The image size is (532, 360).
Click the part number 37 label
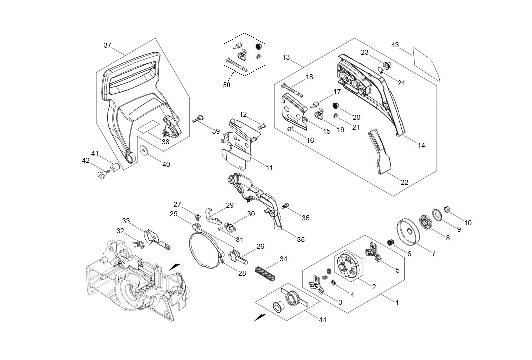coord(108,45)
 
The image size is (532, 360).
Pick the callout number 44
coord(322,319)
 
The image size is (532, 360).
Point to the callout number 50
coord(227,85)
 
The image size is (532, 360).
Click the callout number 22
coord(404,182)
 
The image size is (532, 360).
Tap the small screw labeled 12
coord(263,126)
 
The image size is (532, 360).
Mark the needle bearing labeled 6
coord(392,242)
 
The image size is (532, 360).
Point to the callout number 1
coord(397,302)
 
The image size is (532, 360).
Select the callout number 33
coord(126,221)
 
